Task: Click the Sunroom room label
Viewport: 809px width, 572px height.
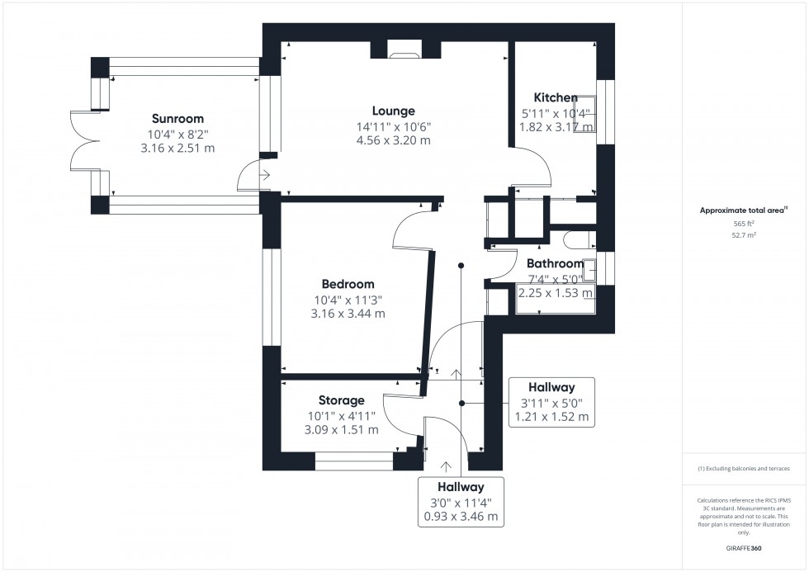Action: pos(177,119)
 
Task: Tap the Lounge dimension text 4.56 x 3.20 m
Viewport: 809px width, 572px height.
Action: pos(393,141)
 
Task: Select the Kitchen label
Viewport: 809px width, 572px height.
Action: pos(556,97)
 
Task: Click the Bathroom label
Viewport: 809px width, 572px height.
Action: pos(555,264)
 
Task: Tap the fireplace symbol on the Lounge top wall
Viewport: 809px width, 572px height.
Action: pos(404,54)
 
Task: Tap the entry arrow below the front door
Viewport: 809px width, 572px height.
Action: pos(447,467)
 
